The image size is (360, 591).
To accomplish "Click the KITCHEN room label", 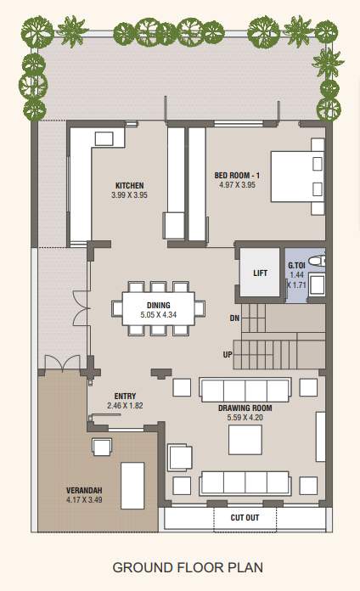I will coord(129,185).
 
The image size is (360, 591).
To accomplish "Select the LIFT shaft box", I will coord(260,273).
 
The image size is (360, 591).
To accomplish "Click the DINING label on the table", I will coord(159,305).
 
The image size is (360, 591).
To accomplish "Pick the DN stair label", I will coord(234,318).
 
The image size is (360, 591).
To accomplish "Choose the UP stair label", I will coord(228,353).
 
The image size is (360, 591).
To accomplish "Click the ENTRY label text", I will coord(125,396).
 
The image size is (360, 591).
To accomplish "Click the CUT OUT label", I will coord(245,516).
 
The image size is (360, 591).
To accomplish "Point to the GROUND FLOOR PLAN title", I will coord(180,567).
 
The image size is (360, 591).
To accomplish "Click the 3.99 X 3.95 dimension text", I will coord(129,194).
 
